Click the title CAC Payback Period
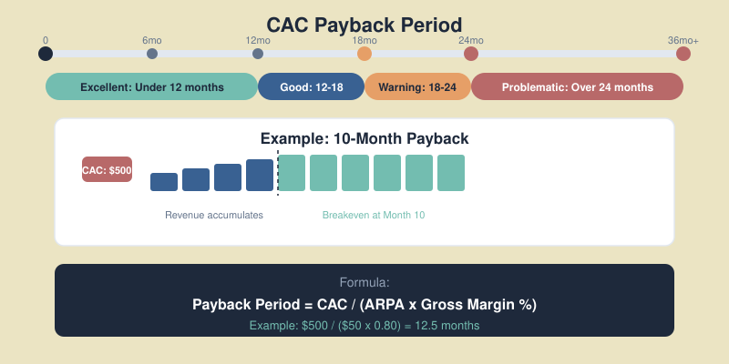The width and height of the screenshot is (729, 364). (364, 25)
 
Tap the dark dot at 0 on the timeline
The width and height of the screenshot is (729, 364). (46, 54)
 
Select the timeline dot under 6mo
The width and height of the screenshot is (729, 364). (152, 54)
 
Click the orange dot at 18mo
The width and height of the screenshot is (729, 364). (364, 54)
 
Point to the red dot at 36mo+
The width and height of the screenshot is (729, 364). (683, 54)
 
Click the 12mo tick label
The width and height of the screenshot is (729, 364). (258, 41)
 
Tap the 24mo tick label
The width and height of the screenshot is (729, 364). (471, 41)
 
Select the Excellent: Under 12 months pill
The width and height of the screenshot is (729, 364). (151, 87)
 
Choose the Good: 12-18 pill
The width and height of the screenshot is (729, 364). (311, 87)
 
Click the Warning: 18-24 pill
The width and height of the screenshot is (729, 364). (417, 87)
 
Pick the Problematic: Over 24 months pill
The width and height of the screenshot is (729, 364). (577, 87)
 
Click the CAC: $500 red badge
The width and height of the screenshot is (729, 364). (107, 169)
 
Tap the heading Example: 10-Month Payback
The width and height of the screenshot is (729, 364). (364, 138)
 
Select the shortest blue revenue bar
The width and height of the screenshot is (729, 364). (164, 182)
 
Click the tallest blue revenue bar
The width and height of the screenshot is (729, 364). (260, 176)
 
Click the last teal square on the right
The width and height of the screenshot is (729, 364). (451, 173)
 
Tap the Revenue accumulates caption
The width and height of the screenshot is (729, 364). (214, 216)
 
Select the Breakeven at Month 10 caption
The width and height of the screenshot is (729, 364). (374, 216)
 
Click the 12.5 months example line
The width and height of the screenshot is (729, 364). (364, 325)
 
